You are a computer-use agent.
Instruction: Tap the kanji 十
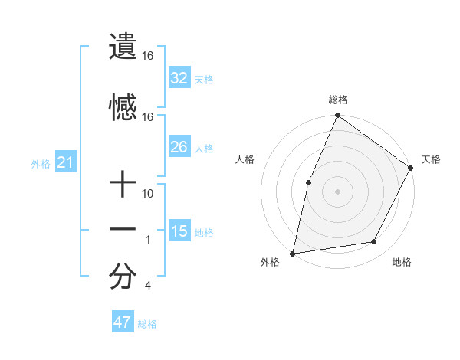coord(123,185)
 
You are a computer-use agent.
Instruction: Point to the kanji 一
coord(123,229)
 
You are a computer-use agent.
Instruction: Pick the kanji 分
coord(123,277)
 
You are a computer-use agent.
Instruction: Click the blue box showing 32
coord(179,77)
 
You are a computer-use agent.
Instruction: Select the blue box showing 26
coord(179,146)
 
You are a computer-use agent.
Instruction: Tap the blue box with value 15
coord(179,231)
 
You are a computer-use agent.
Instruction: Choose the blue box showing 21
coord(65,162)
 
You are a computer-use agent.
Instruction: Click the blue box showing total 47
coord(123,322)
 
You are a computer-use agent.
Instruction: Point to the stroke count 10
coord(148,194)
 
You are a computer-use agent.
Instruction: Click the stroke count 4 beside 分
coord(148,286)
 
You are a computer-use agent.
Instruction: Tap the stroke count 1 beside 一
coord(148,240)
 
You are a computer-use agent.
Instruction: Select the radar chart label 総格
coord(337,100)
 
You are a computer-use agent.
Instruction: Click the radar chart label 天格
coord(431,159)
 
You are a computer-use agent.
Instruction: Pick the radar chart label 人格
coord(245,159)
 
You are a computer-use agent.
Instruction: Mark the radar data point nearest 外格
coord(292,253)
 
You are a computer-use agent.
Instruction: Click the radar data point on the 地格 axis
coord(374,242)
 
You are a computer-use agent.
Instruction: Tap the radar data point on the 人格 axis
coord(308,182)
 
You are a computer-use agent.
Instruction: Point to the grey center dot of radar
coord(337,191)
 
